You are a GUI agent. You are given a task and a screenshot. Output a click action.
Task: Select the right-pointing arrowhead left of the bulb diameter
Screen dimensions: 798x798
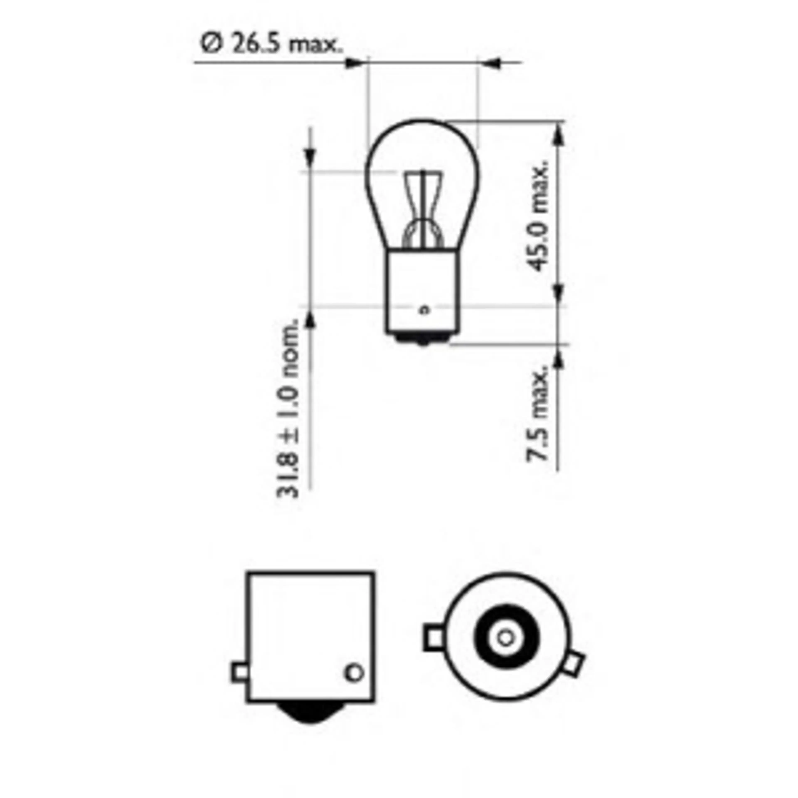(355, 63)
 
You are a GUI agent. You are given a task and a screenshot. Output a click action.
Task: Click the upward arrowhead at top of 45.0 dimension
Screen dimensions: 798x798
(558, 134)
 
